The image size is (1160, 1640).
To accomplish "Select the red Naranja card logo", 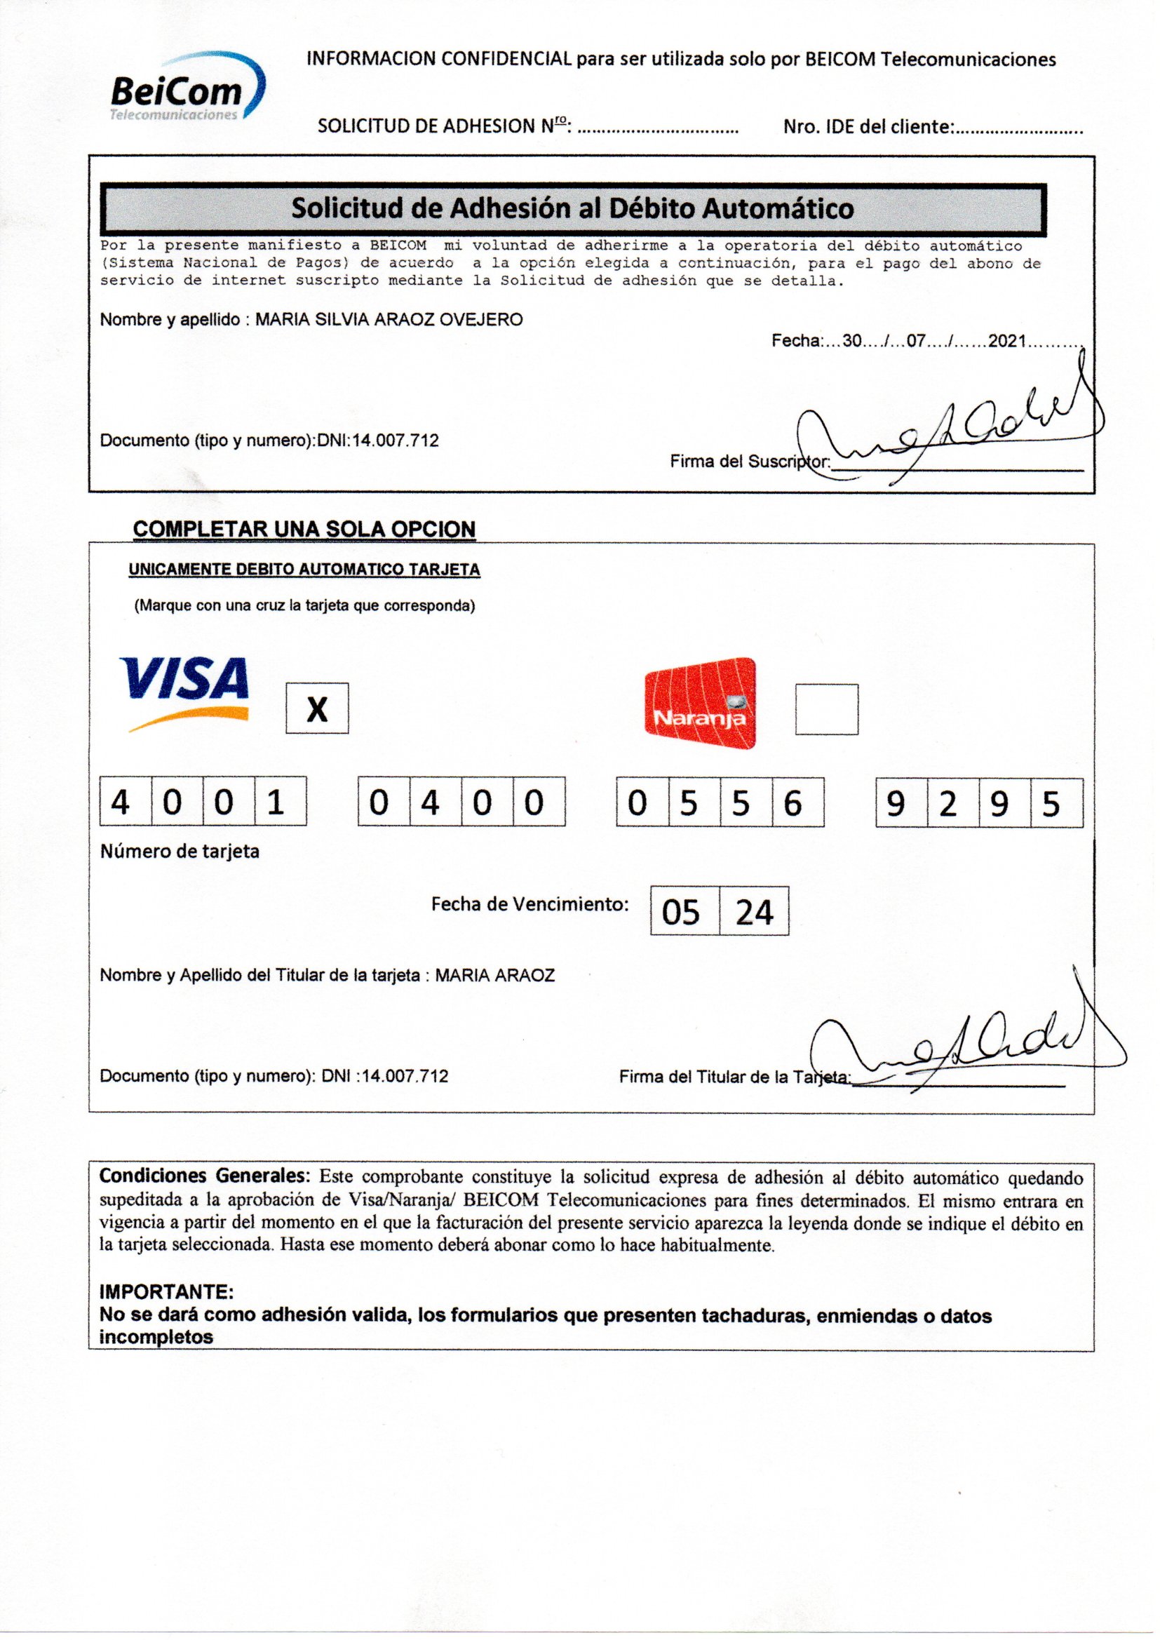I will (699, 703).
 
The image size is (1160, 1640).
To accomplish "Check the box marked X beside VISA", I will (317, 708).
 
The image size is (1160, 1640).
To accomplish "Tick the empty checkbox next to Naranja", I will (826, 708).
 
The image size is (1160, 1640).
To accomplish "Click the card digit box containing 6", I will (798, 803).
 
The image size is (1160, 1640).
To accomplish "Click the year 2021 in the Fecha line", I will (1007, 341).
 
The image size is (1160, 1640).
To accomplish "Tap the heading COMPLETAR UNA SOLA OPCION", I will (304, 530).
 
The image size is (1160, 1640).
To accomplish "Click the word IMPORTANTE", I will (166, 1291).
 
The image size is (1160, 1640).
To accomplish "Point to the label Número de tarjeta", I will (180, 852).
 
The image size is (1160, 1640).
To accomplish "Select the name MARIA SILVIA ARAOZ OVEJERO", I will (389, 319).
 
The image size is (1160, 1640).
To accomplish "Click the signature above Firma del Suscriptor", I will (950, 436).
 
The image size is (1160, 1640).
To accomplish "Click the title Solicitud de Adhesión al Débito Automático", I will (572, 208).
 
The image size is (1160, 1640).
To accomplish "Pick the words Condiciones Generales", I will (204, 1176).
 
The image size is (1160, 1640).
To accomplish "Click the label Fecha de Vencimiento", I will (530, 904).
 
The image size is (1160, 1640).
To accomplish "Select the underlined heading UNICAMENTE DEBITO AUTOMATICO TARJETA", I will (304, 570).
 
